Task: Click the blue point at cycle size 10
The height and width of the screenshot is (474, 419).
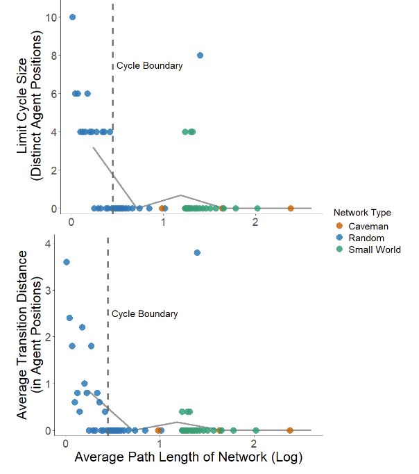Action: click(73, 17)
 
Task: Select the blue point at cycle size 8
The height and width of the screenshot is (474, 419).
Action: click(200, 56)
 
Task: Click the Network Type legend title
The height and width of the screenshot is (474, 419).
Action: click(361, 212)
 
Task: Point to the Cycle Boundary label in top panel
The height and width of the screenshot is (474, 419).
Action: click(149, 66)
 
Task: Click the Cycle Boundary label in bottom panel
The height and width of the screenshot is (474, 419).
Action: click(145, 314)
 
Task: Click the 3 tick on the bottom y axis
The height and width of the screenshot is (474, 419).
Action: click(48, 291)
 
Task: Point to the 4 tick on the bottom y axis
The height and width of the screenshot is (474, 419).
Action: click(48, 244)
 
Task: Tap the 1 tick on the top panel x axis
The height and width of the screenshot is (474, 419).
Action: click(163, 222)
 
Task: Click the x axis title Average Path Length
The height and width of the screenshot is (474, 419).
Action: click(188, 459)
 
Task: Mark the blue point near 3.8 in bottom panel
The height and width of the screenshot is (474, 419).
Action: click(197, 253)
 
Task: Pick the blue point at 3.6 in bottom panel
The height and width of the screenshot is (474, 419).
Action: click(67, 262)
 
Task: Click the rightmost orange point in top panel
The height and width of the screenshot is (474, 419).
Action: click(291, 208)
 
